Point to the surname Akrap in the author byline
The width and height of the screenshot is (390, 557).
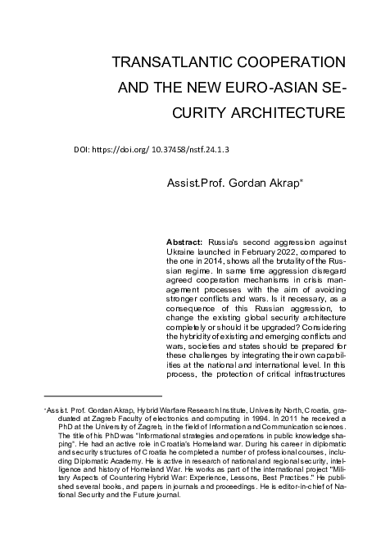pyautogui.click(x=282, y=179)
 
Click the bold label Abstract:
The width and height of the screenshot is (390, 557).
pyautogui.click(x=184, y=244)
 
